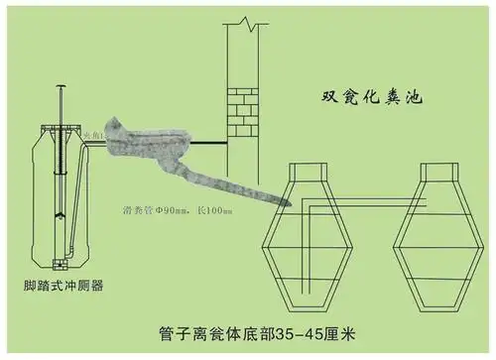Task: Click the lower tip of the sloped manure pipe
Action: tap(288, 202)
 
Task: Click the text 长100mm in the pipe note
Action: tap(211, 211)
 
